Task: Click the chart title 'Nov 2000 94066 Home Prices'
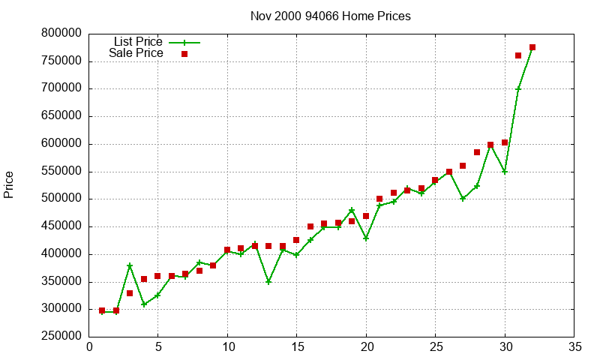click(331, 16)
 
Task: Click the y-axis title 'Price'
click(9, 184)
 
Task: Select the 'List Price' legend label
click(138, 42)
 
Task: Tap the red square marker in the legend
click(184, 54)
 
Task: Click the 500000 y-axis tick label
click(61, 199)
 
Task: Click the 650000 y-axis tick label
click(61, 116)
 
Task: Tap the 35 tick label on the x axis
click(574, 347)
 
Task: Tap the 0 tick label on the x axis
click(89, 347)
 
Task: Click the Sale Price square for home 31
click(518, 55)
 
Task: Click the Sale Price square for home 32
click(532, 47)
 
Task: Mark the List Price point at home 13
click(268, 282)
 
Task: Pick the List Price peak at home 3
click(130, 265)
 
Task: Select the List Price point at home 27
click(463, 199)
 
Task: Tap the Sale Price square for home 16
click(310, 226)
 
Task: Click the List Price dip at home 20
click(366, 238)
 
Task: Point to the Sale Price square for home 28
click(477, 152)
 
